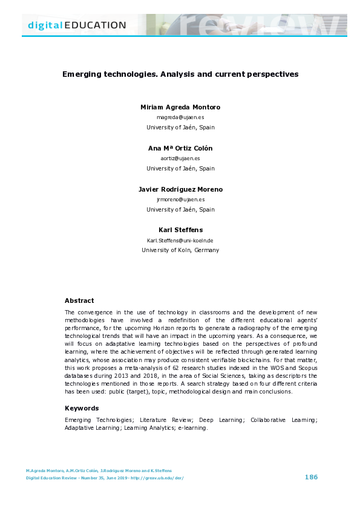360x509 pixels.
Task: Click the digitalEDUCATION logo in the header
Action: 77,25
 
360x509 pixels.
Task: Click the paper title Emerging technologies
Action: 180,74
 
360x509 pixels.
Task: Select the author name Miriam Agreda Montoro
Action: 180,107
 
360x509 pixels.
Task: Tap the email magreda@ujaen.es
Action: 180,117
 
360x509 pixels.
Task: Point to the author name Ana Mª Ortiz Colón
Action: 180,148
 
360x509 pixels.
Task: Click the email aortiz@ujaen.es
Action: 180,158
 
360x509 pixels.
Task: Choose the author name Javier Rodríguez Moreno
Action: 180,189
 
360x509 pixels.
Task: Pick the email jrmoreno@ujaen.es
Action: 180,199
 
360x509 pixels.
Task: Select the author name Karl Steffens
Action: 180,230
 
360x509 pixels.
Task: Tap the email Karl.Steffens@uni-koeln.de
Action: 180,240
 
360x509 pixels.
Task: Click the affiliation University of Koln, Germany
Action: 180,250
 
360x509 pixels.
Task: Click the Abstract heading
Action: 79,300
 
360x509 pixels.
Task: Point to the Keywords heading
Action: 82,408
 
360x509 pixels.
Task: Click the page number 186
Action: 311,477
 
